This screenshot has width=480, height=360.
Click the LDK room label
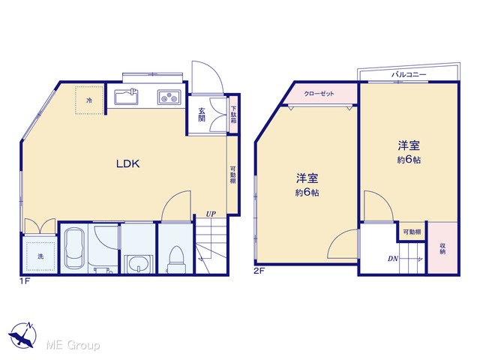click(128, 163)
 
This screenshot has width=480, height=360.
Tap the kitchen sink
click(127, 97)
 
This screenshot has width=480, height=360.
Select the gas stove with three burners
click(169, 97)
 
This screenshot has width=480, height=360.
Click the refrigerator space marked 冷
click(89, 100)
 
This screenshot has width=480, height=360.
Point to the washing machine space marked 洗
click(40, 256)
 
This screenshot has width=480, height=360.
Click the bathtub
click(74, 248)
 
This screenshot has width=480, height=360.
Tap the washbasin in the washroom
click(139, 263)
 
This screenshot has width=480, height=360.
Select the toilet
click(176, 259)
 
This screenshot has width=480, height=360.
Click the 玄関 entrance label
click(201, 115)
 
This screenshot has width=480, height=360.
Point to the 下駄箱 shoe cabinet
click(233, 115)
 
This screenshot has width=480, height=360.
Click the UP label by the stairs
click(211, 214)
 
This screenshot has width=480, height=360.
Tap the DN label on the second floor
click(393, 259)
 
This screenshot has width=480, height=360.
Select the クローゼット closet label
click(319, 94)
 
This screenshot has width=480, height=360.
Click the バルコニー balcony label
click(409, 74)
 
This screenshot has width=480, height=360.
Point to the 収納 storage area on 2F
click(442, 248)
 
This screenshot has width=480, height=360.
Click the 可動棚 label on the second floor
click(412, 232)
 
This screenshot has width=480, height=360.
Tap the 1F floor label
click(25, 281)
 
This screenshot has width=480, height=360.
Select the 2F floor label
click(259, 271)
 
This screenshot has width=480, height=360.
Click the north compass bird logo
click(22, 335)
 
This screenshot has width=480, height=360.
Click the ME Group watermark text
click(73, 345)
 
